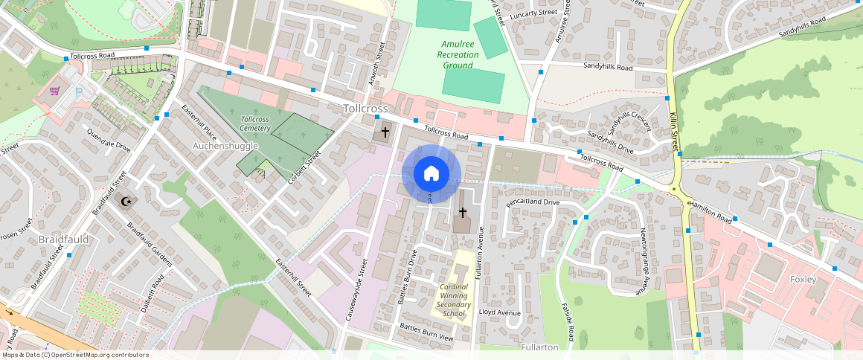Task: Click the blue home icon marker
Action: (x=431, y=174)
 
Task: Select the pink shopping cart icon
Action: (x=54, y=91)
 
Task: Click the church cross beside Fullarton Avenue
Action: (x=462, y=212)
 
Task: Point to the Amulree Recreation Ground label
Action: (x=458, y=55)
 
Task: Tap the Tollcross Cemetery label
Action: (x=255, y=123)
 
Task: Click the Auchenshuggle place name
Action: (x=225, y=146)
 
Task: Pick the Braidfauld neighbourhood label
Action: (x=63, y=240)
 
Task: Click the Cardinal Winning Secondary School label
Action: (x=454, y=300)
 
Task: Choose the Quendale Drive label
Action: (x=109, y=138)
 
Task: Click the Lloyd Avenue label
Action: (x=500, y=312)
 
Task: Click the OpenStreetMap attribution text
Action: (x=74, y=355)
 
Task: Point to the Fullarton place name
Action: (x=540, y=347)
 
